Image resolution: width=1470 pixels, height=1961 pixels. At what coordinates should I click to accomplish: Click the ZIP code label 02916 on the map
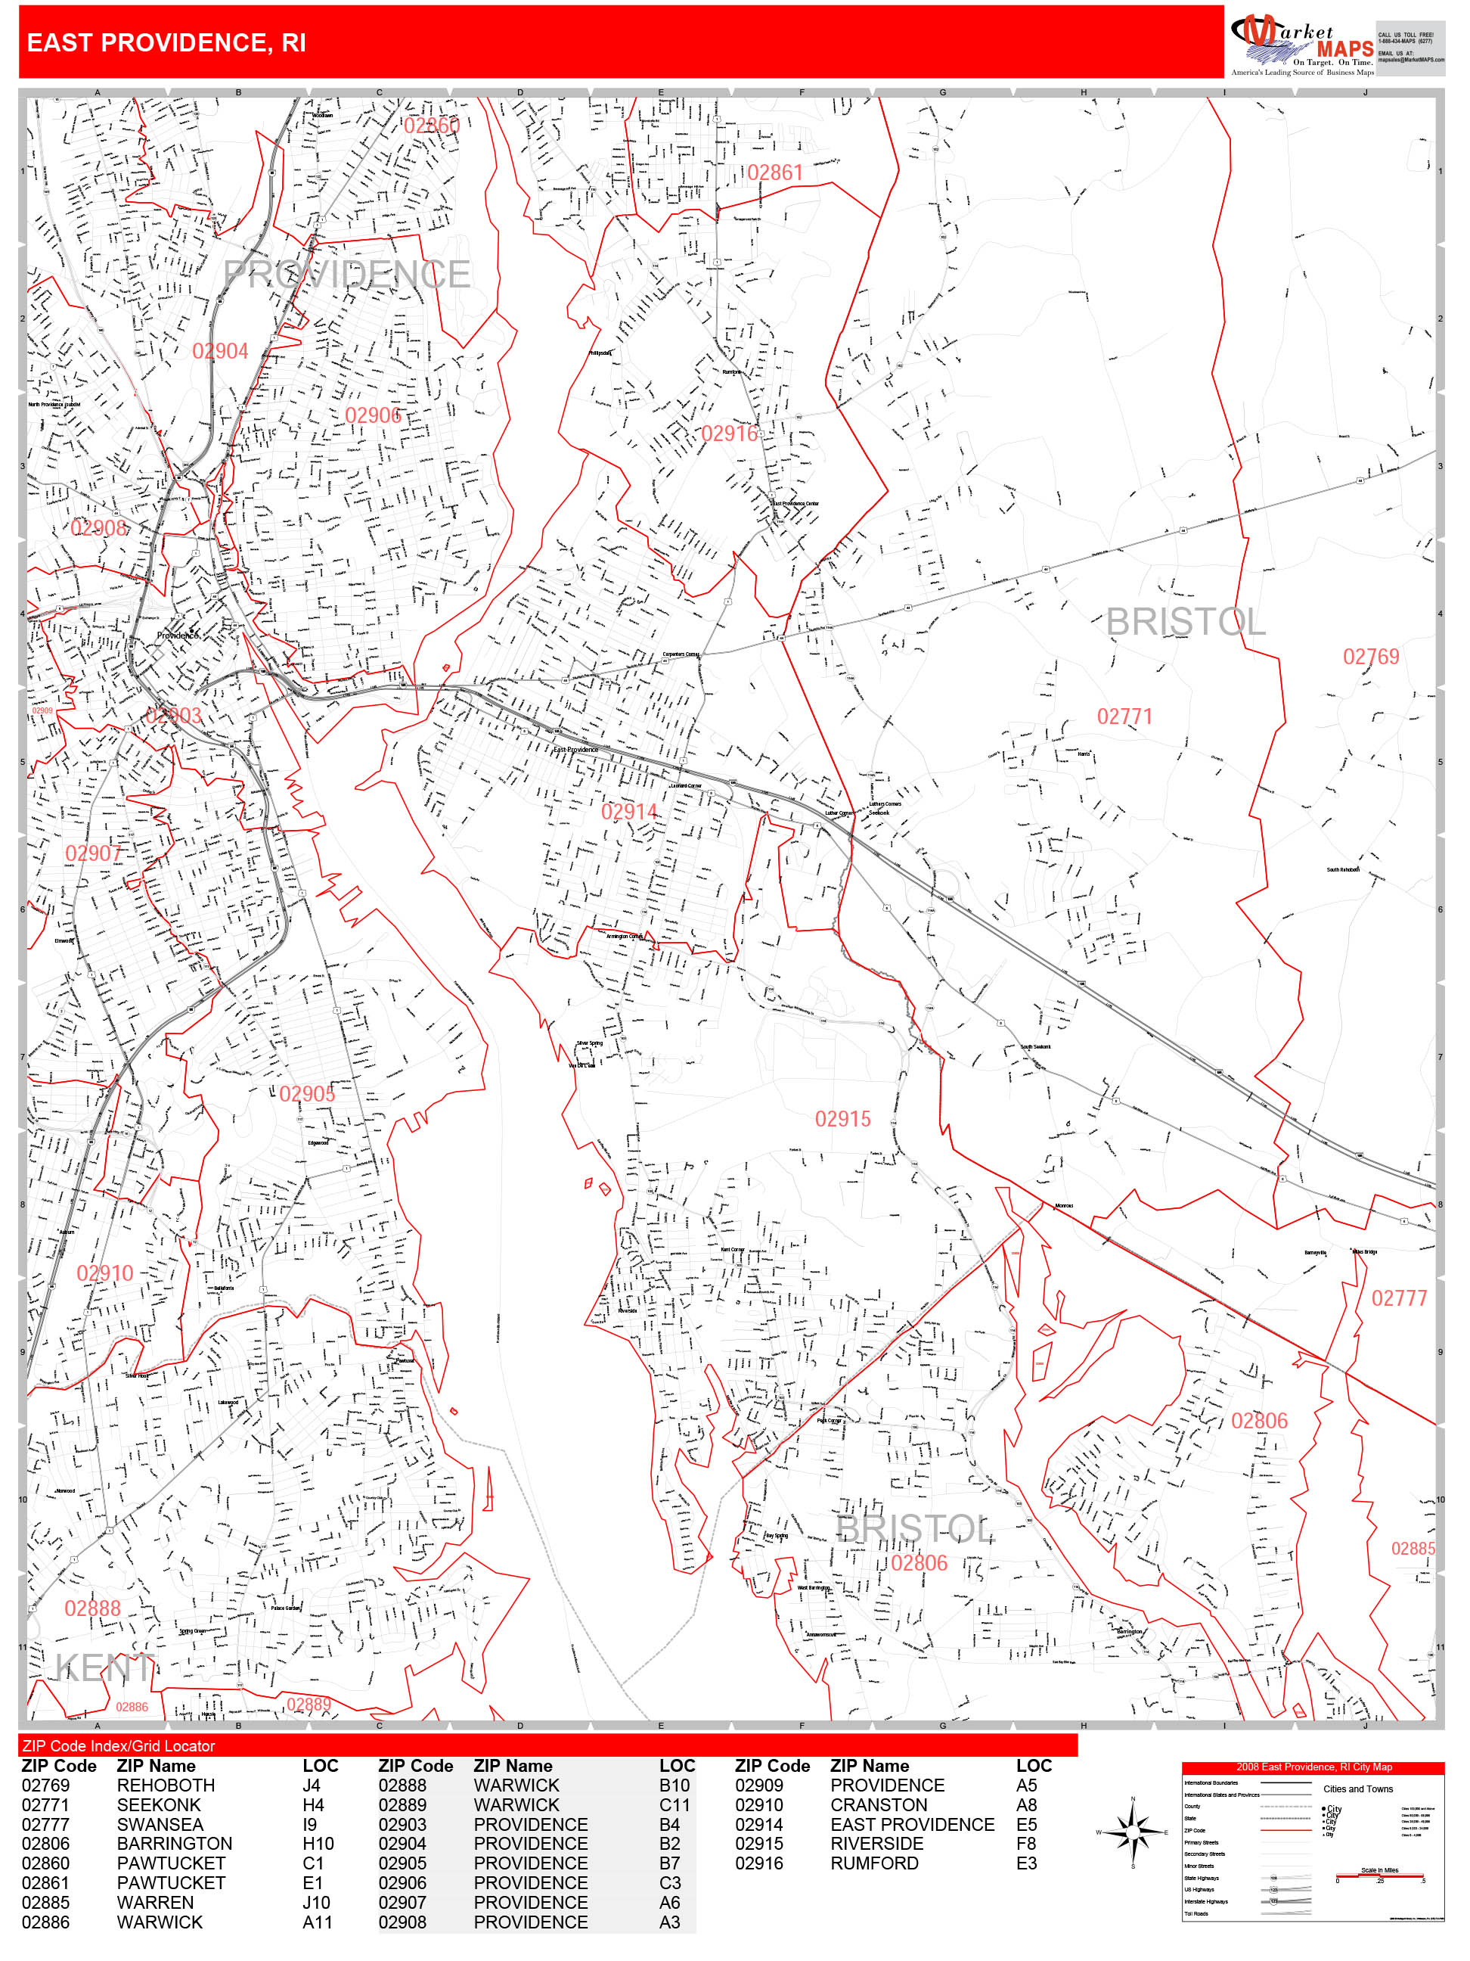(x=729, y=434)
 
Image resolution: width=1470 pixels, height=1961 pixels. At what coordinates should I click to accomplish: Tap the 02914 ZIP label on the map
(x=629, y=811)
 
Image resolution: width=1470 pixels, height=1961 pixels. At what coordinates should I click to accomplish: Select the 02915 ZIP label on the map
(x=842, y=1119)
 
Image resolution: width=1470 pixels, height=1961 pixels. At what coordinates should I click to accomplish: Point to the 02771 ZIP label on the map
(x=1124, y=716)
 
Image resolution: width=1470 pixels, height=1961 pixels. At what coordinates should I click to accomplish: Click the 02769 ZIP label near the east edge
(x=1371, y=657)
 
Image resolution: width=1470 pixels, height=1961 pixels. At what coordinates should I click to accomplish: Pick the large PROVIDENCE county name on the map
(x=346, y=275)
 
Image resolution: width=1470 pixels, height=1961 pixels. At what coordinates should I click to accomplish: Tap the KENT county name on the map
(x=104, y=1668)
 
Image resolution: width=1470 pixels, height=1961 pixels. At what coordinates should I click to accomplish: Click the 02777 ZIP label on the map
(x=1399, y=1299)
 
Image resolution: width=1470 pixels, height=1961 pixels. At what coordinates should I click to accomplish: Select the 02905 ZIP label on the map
(x=308, y=1094)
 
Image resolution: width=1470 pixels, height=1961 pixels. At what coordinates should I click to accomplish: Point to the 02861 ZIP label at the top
(x=774, y=172)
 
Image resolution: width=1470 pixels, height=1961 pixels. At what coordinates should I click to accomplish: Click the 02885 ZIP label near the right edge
(x=1413, y=1549)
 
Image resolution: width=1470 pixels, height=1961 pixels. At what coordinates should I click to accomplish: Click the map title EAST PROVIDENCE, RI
(x=166, y=42)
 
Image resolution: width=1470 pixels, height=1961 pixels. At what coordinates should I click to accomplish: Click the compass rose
(x=1133, y=1832)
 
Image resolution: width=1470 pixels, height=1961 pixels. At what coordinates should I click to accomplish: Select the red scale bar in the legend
(x=1379, y=1876)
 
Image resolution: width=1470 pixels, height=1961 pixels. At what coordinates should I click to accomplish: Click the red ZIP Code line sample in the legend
(x=1285, y=1830)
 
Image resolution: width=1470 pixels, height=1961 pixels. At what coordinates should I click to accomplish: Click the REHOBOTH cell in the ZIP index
(x=166, y=1785)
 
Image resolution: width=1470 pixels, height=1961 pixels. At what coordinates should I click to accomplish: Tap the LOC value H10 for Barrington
(x=318, y=1844)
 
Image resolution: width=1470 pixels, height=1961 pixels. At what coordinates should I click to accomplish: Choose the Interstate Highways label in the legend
(x=1206, y=1901)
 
